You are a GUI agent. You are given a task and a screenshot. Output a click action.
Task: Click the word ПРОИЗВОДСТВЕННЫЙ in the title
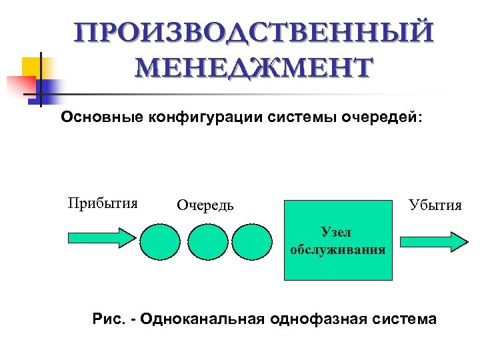(254, 33)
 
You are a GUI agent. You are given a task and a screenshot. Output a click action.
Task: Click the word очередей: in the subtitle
(381, 117)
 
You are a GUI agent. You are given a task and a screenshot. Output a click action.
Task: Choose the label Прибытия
(103, 203)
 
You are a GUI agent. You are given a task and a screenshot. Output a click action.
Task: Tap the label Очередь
(205, 205)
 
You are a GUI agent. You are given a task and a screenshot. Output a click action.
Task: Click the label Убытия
(435, 205)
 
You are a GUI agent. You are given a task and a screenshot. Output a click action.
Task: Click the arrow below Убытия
(431, 241)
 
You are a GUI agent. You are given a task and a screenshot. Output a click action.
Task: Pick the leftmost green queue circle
(160, 241)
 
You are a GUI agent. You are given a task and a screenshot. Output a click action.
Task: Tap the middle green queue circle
(207, 241)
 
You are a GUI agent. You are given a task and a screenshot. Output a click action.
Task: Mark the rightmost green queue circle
(253, 241)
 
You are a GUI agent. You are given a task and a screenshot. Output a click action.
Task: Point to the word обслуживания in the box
(338, 250)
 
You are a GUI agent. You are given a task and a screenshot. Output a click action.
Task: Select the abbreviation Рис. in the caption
(108, 319)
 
